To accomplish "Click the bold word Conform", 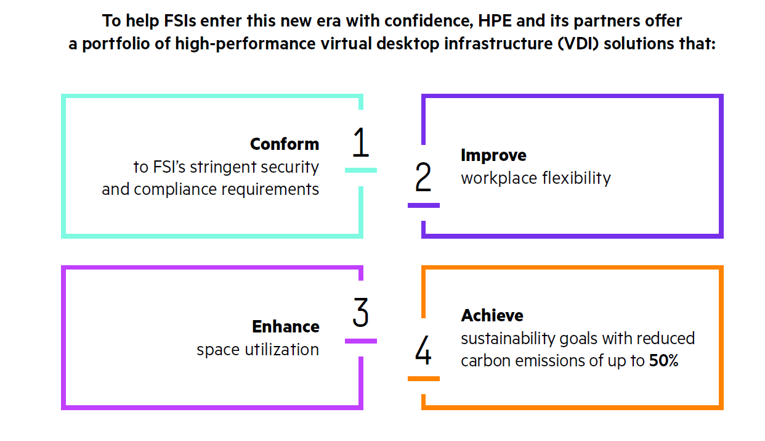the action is (285, 144).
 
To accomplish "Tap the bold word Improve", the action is (493, 155).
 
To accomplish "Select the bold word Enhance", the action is (286, 326).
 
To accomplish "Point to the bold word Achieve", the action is (492, 315).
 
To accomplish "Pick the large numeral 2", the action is (423, 177).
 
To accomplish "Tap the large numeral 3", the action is (360, 312).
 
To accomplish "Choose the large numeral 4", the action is (423, 350).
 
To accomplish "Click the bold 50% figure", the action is (663, 361).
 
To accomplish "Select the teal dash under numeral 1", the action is (361, 170).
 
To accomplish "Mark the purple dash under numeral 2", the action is (424, 205).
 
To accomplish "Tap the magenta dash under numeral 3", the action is (361, 341).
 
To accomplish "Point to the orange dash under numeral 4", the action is (424, 379).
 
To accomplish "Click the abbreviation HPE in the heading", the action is (495, 21).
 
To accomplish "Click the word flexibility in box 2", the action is (577, 178).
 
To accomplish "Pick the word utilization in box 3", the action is (281, 350).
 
